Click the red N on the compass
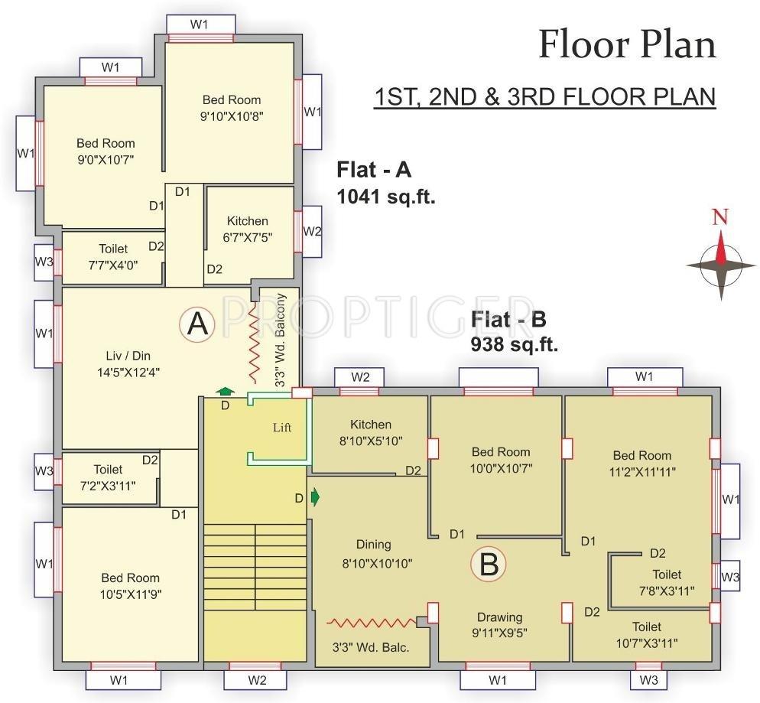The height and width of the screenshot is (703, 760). [719, 217]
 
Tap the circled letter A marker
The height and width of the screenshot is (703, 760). [197, 324]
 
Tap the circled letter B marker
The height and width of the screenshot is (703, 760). [489, 565]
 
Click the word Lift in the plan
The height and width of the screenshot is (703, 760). [282, 428]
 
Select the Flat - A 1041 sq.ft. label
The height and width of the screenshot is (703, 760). [386, 183]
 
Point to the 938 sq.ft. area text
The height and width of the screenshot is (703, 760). [514, 344]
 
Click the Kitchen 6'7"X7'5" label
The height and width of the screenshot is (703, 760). [247, 229]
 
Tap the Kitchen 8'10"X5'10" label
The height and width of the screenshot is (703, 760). [370, 432]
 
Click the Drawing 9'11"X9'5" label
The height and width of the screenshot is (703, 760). [500, 624]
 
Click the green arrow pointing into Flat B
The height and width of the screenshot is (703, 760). [315, 498]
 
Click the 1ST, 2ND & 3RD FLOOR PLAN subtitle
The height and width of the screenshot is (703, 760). [544, 98]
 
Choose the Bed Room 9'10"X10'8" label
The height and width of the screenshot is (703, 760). [231, 107]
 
